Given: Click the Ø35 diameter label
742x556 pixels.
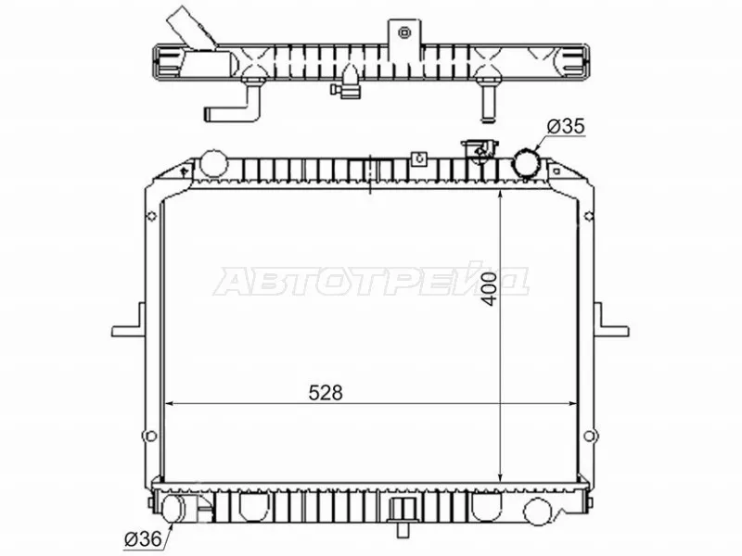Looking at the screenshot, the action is pyautogui.click(x=566, y=126).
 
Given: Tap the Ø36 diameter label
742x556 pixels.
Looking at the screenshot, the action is pyautogui.click(x=143, y=538).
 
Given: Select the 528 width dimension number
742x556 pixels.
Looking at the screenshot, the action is pyautogui.click(x=326, y=392).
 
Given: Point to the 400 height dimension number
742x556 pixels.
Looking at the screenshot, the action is pyautogui.click(x=490, y=289).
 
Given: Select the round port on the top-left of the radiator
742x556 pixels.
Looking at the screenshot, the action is pyautogui.click(x=213, y=163).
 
